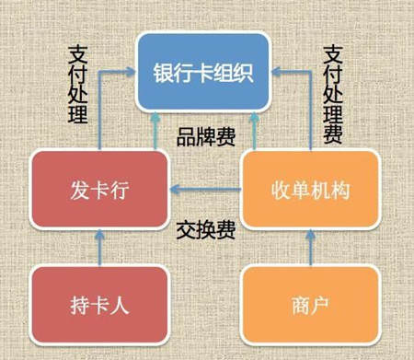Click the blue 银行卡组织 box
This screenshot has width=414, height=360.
click(x=203, y=71)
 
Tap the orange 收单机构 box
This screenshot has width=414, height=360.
click(x=309, y=191)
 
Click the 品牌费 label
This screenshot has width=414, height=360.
click(x=205, y=138)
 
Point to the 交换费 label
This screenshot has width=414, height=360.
click(x=205, y=229)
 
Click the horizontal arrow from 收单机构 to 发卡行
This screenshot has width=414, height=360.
click(x=204, y=192)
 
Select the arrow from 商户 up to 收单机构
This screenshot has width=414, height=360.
click(x=309, y=249)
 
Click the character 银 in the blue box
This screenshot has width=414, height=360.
click(x=165, y=72)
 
